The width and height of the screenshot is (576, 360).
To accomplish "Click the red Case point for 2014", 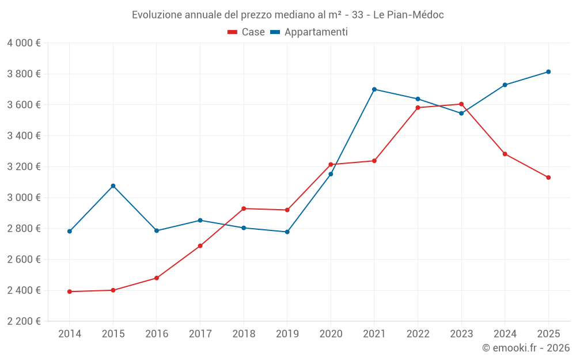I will coord(70,291).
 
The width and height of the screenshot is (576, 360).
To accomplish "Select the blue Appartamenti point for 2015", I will coord(113,186).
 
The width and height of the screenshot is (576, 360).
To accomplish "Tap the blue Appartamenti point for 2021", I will coord(374,89).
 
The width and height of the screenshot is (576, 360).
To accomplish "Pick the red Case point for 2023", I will coord(461,104).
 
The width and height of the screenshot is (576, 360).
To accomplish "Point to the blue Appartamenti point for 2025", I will coord(548,72).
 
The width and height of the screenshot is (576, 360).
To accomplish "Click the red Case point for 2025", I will coord(548,177).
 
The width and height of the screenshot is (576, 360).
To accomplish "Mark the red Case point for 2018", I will coord(244,209).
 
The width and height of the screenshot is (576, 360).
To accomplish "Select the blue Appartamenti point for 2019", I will coord(287,232).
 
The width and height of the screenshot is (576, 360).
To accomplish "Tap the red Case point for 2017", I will coord(200,246).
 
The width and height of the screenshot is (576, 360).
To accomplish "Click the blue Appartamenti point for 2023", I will coord(461,113).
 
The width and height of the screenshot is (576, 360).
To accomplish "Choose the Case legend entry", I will coord(247,32).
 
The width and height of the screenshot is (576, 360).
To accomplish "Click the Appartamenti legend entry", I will coord(309,32).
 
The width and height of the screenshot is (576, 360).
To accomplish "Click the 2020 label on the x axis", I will coord(331,334).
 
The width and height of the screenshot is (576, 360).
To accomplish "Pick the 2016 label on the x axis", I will coord(157,334).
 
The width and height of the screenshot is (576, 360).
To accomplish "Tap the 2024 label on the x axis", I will coord(505,334).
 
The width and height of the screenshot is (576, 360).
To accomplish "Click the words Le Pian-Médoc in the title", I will coord(408,14).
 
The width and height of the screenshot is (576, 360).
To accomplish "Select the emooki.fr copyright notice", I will coord(526,348).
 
